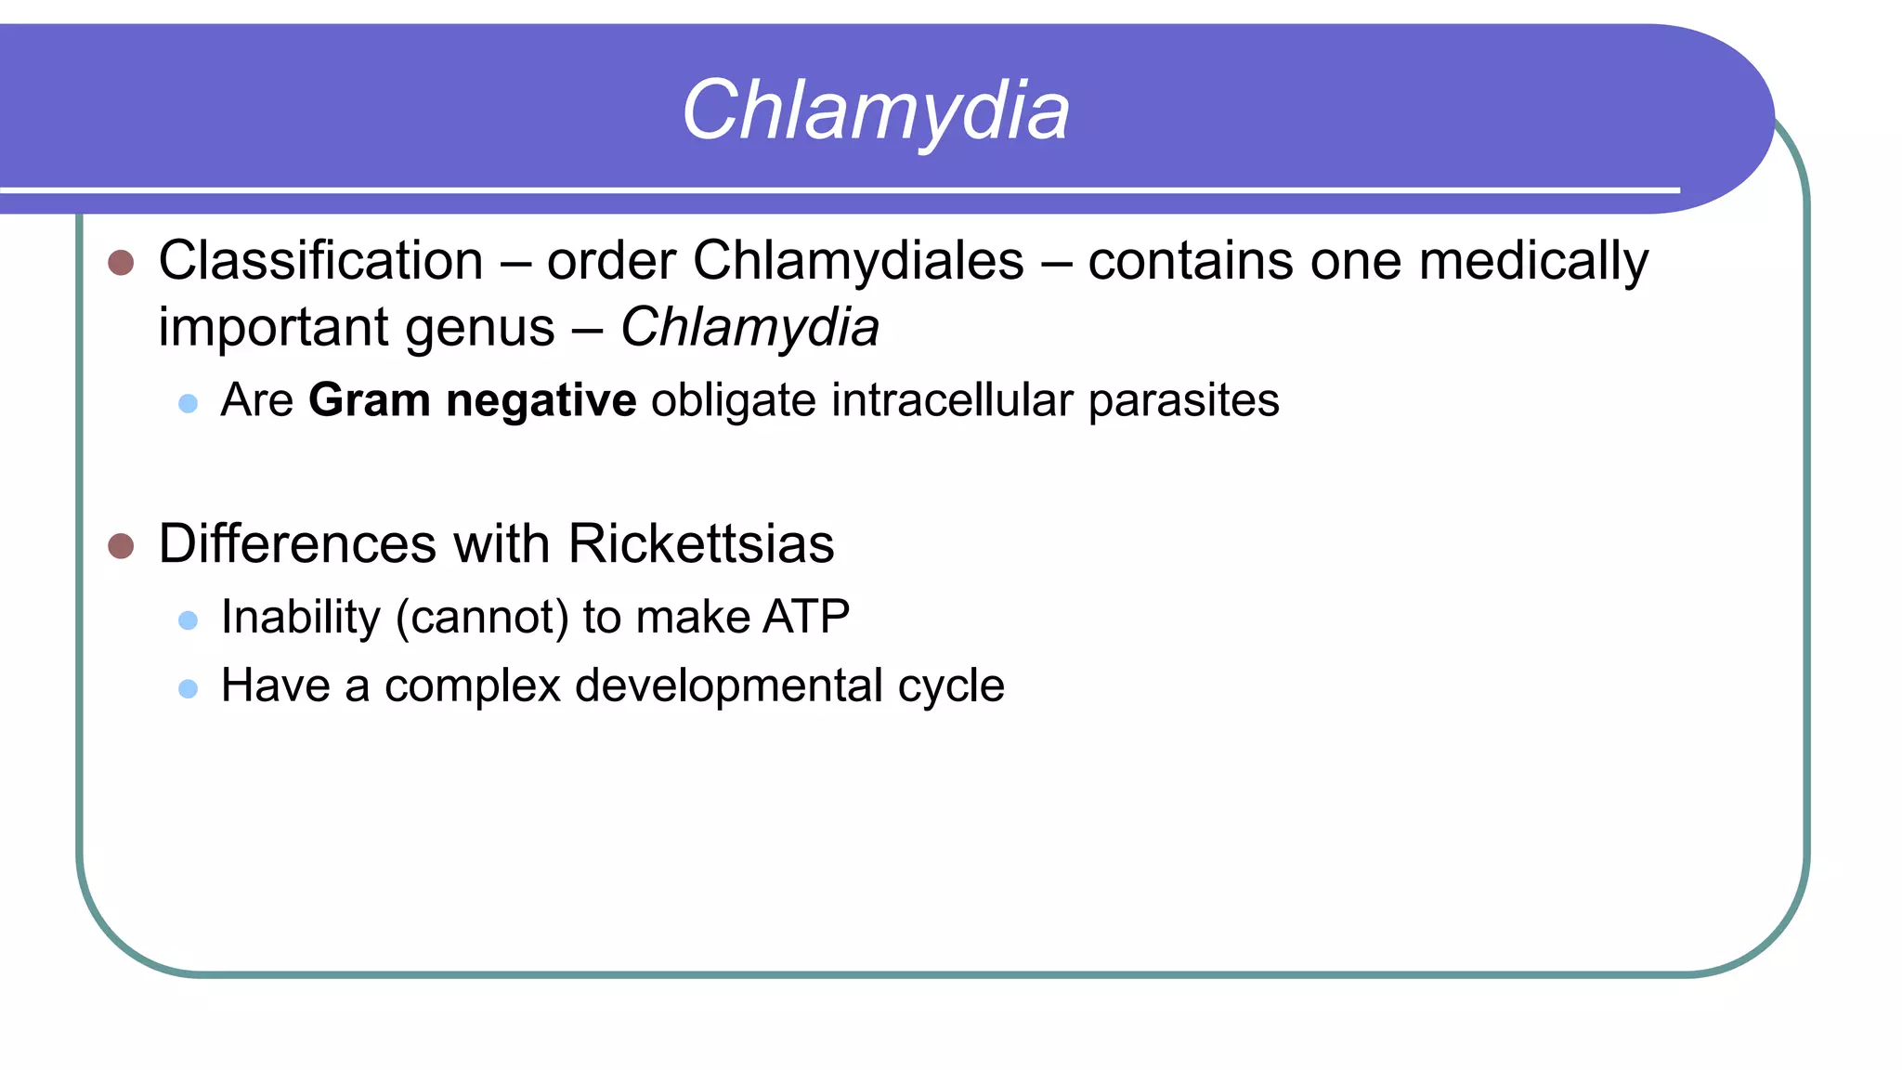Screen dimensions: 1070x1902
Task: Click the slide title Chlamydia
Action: coord(876,111)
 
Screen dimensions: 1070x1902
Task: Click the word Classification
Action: coord(320,261)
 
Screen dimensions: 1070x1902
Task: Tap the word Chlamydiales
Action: coord(858,261)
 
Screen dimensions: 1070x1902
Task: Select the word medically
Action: coord(1533,261)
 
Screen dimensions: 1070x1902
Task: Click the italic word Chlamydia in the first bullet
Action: coord(749,328)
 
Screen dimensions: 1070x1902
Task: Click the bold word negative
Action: coord(541,401)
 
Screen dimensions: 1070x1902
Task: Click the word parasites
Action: coord(1183,401)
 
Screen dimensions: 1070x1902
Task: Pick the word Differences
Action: coord(297,543)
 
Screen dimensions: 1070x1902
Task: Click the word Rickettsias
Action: coord(700,543)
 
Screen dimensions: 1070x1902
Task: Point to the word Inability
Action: coord(301,618)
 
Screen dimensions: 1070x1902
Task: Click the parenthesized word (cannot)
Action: coord(482,618)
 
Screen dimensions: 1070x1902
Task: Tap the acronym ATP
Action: coord(805,618)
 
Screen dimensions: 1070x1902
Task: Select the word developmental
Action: coord(729,686)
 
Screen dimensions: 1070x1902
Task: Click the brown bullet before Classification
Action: coord(121,262)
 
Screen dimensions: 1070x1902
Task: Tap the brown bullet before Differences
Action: coord(121,545)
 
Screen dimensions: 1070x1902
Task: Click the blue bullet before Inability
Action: coord(188,620)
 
